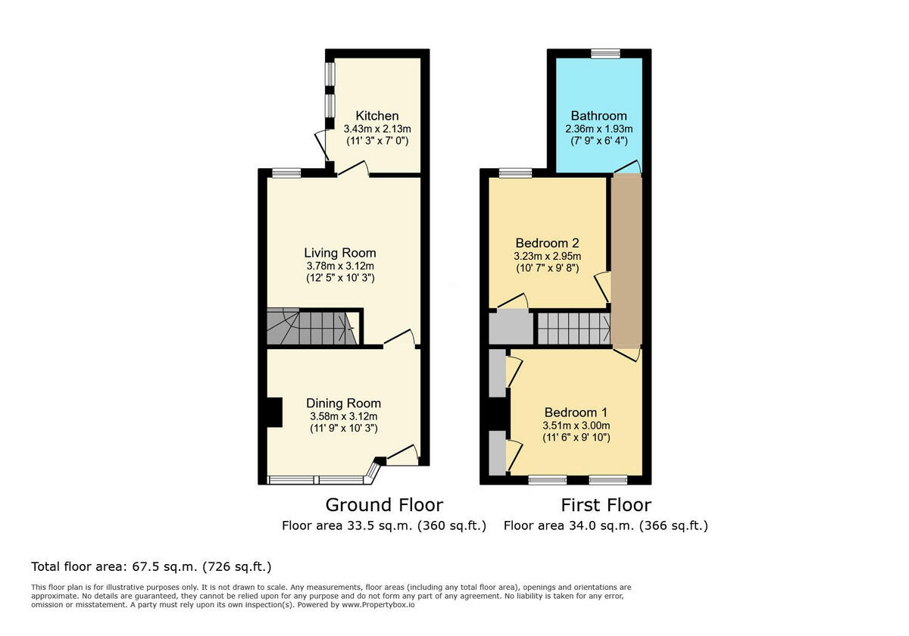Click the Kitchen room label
coord(376,116)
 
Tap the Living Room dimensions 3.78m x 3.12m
coord(339,266)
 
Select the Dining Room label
coord(343,404)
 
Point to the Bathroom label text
coord(598,116)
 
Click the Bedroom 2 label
coord(547,243)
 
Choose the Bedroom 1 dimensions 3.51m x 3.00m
coord(576,426)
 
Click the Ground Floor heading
coord(384,505)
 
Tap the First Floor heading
coord(605,505)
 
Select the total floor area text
coord(151,566)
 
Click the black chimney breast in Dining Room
coord(273,412)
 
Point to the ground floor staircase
coord(311,327)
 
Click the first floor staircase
coord(573,329)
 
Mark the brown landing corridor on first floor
coord(626,257)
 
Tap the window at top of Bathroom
coord(605,53)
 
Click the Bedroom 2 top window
coord(515,173)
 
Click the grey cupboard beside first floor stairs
coord(511,328)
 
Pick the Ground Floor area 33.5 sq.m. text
coord(384,525)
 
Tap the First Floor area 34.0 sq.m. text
coord(605,525)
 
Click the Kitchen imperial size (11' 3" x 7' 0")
coord(376,141)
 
